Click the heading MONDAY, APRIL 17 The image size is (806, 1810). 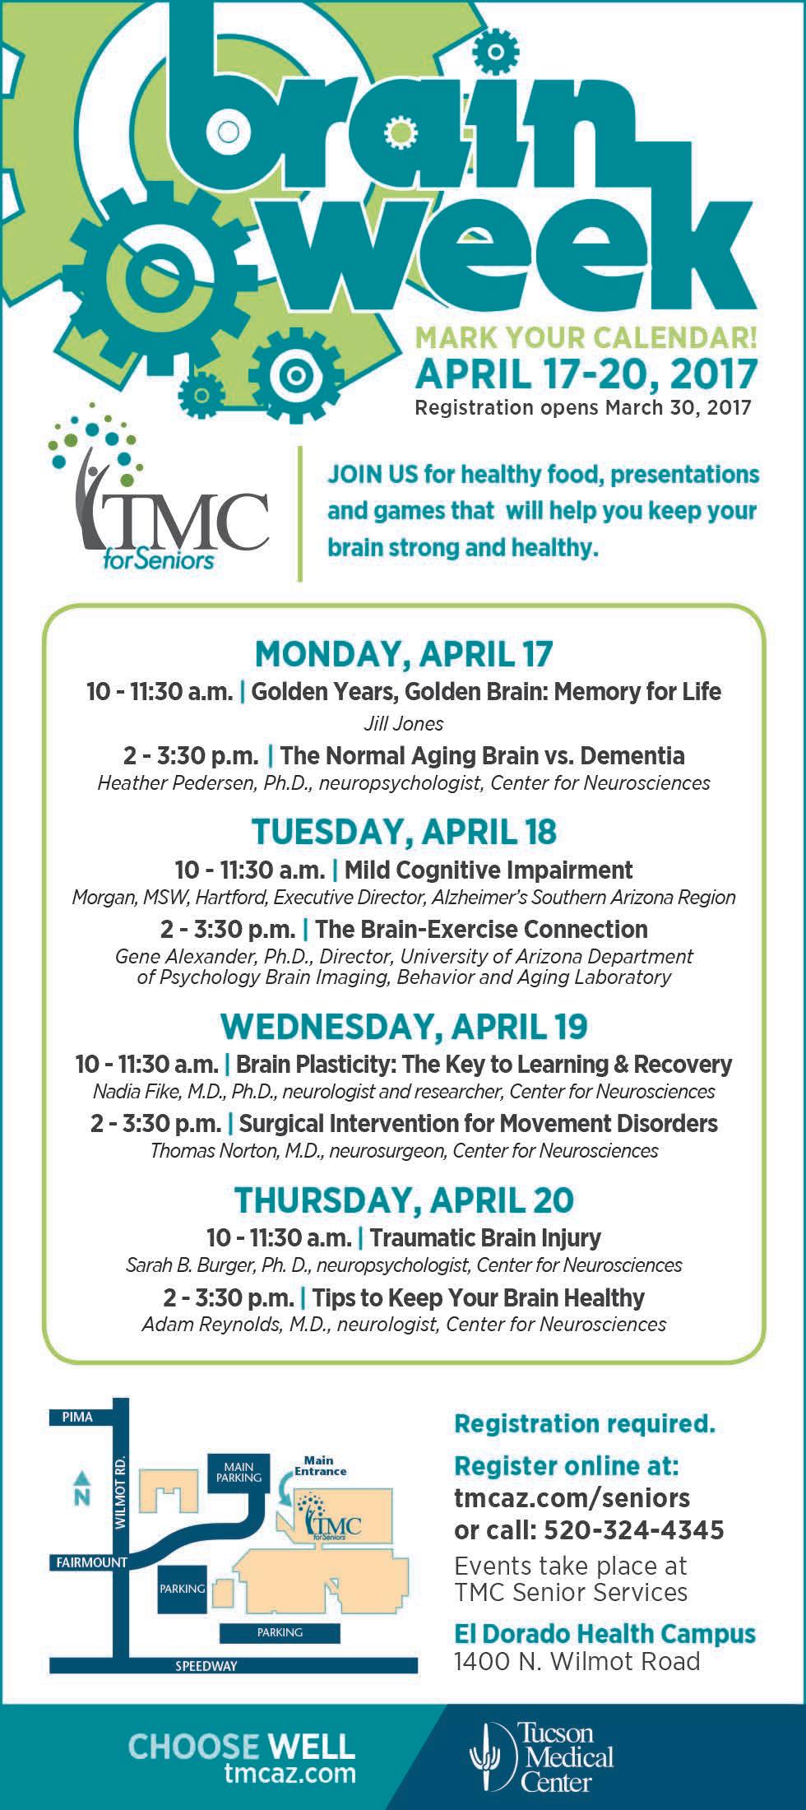404,654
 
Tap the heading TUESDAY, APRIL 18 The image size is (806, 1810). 404,832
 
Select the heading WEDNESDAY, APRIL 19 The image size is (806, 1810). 404,1026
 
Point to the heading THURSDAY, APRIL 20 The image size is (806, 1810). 404,1200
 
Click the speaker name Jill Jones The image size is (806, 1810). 403,724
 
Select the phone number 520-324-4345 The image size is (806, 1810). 634,1529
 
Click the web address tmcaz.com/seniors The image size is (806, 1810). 572,1497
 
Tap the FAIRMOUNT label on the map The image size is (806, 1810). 80,1562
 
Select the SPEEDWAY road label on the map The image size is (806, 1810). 206,1666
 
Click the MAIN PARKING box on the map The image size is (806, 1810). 239,1472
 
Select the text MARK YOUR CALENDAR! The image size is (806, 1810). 586,336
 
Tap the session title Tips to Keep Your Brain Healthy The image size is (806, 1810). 479,1297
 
